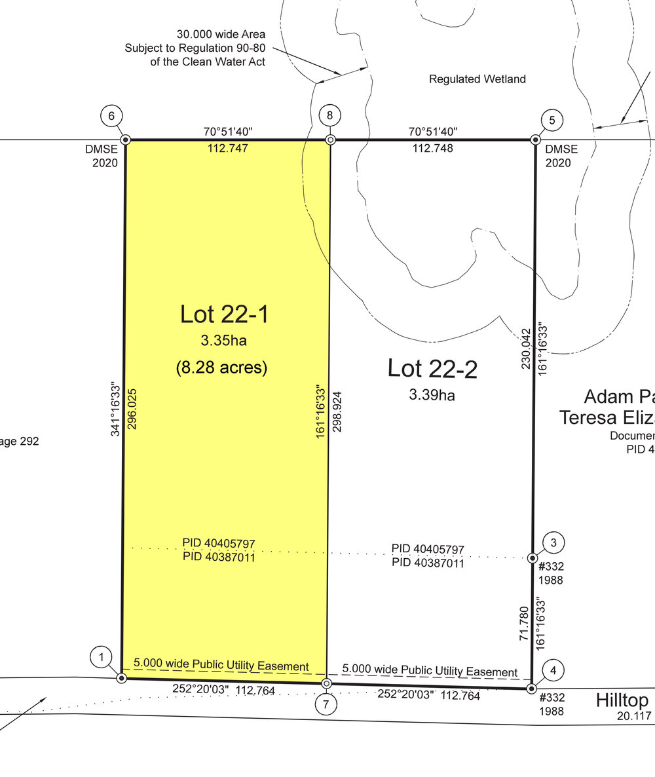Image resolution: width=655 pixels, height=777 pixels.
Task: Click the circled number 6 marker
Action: [x=111, y=116]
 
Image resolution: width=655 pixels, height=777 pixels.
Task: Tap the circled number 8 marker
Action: [x=330, y=116]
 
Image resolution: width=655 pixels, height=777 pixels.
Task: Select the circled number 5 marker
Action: [x=552, y=121]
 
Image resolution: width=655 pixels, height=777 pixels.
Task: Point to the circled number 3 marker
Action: [x=553, y=542]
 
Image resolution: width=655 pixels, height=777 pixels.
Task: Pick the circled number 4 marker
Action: [x=553, y=670]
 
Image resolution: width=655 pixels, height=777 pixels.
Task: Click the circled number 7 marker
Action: [x=326, y=704]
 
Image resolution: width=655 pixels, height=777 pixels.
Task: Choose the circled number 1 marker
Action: [x=101, y=657]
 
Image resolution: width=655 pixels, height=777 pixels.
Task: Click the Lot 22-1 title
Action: [x=224, y=314]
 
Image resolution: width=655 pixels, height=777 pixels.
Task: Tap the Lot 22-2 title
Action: [x=432, y=369]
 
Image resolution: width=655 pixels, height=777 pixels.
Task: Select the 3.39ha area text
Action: [x=432, y=395]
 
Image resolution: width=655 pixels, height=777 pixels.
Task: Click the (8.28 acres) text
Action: [x=221, y=367]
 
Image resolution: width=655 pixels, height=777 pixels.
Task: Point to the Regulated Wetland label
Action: [x=477, y=79]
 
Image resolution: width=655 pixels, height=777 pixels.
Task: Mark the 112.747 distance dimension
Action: [x=227, y=148]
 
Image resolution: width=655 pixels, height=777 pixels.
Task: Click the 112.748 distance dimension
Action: [x=432, y=148]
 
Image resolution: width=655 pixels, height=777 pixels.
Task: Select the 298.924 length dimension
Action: [x=337, y=412]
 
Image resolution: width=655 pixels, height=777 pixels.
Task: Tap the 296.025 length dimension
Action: [x=132, y=409]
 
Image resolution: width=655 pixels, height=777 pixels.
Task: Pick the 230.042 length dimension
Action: [x=526, y=349]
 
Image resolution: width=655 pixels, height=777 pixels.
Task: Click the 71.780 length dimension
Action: [x=524, y=624]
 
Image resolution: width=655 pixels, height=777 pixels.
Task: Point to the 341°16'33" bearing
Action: [x=115, y=409]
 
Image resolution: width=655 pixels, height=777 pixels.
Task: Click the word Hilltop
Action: [x=622, y=701]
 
